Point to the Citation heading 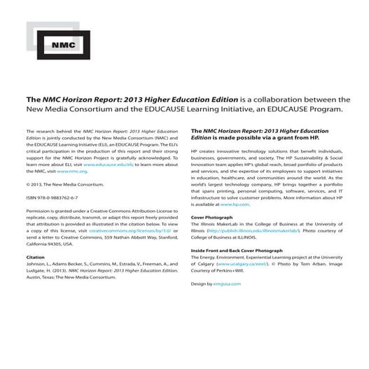click(36, 257)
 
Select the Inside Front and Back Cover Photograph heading click(237, 250)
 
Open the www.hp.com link click(235, 204)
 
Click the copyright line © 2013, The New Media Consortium click(65, 184)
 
